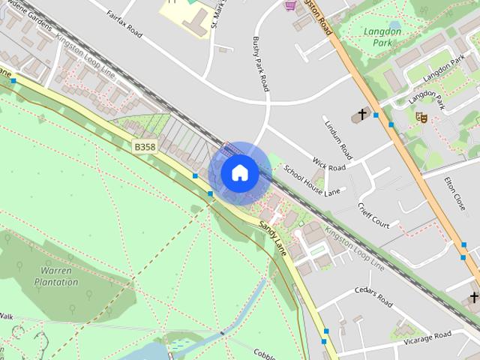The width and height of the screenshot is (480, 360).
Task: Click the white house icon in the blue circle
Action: (x=239, y=173)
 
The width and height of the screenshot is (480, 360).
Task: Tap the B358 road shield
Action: (x=145, y=148)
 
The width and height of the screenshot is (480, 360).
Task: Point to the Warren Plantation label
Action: (x=56, y=277)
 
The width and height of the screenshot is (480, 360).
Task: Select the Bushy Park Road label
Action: (x=260, y=64)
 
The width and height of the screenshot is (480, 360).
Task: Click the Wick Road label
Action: (x=329, y=164)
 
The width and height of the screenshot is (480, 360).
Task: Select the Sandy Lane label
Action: (x=273, y=236)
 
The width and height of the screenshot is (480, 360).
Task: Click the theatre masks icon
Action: (x=421, y=117)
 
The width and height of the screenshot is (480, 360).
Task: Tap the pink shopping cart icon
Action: (x=290, y=5)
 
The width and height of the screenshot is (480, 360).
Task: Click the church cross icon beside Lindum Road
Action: (x=362, y=115)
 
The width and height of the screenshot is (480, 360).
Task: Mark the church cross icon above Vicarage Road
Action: (x=473, y=298)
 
